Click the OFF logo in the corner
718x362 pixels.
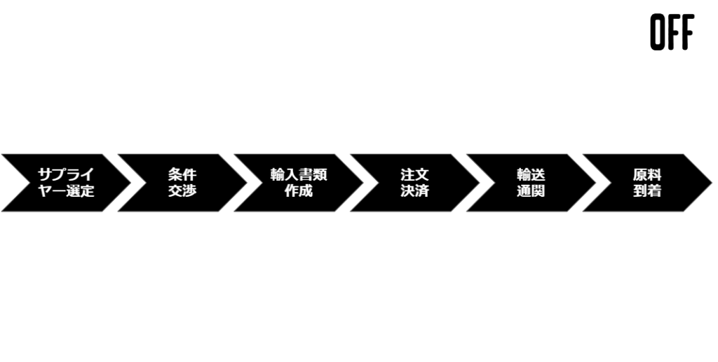point(672,32)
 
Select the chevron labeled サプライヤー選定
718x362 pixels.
point(67,183)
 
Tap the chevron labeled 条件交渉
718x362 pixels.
point(182,183)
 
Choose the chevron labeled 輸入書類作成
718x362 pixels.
point(299,183)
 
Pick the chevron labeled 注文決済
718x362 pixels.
point(415,183)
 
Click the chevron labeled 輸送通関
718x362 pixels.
point(531,183)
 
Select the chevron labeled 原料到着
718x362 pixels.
point(647,183)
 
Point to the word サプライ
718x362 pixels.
point(66,174)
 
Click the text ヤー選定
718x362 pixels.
point(66,190)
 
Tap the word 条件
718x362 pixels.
point(182,174)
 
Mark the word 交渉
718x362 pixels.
point(182,190)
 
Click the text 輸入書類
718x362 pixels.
point(299,174)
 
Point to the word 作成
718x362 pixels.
point(299,190)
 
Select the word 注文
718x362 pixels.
point(415,174)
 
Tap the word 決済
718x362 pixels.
point(415,190)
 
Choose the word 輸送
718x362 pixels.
point(531,174)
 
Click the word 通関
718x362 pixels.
point(531,190)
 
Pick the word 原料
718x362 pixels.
point(647,174)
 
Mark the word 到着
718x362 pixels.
point(647,190)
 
